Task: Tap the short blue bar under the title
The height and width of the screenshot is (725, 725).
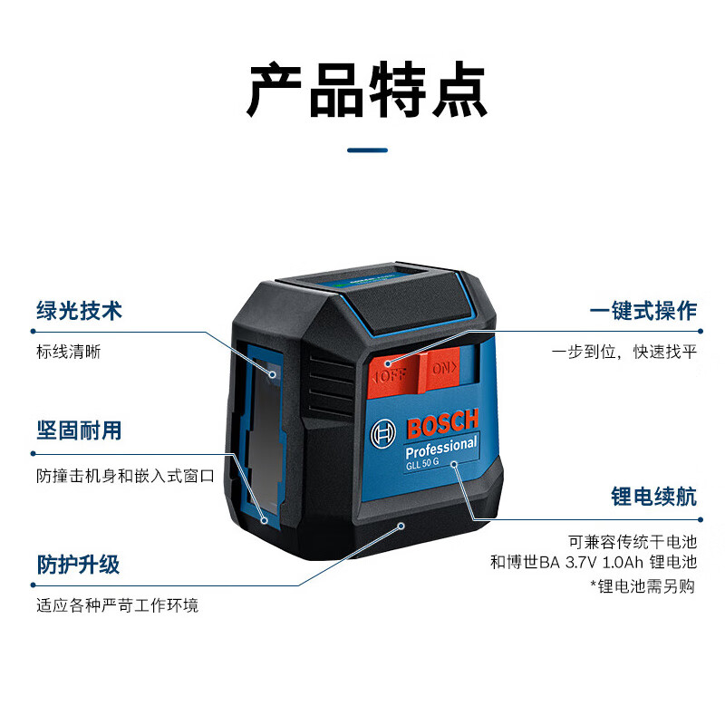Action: click(367, 150)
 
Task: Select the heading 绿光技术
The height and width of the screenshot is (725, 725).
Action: click(80, 311)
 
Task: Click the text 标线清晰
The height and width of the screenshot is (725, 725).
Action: click(68, 351)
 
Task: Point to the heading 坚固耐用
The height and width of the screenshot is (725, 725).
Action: click(80, 430)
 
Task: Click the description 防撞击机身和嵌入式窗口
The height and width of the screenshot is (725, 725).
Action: click(124, 475)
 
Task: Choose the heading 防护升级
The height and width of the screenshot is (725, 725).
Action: click(79, 564)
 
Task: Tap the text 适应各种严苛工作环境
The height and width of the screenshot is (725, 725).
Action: click(117, 604)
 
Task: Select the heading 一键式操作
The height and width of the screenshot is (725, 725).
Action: click(643, 311)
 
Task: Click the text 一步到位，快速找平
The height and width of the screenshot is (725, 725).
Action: click(625, 351)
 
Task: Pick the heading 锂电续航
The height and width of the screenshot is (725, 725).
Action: click(653, 496)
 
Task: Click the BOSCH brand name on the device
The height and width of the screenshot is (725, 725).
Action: click(441, 424)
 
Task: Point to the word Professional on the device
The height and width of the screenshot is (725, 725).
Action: click(440, 448)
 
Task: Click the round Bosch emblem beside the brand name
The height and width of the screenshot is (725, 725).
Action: click(384, 435)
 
